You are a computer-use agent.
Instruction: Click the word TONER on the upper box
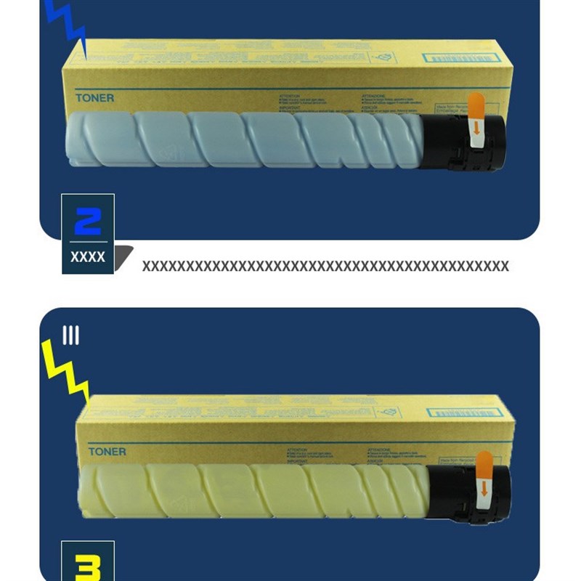pyautogui.click(x=94, y=97)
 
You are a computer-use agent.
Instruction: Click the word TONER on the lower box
pyautogui.click(x=107, y=452)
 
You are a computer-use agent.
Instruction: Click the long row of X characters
pyautogui.click(x=325, y=266)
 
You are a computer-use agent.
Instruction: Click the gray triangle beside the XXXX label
pyautogui.click(x=124, y=255)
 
